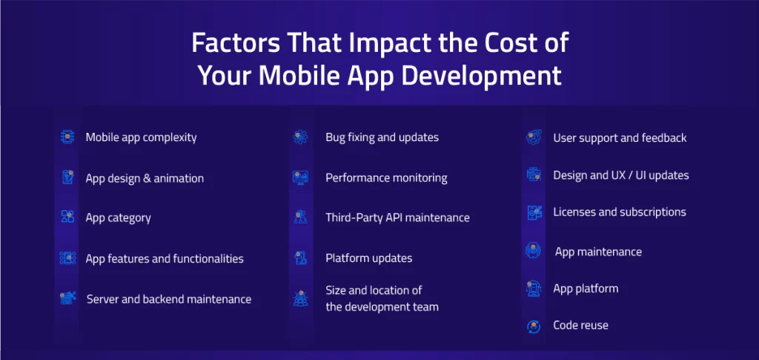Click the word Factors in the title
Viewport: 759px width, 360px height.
[233, 42]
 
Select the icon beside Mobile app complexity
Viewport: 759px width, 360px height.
[67, 137]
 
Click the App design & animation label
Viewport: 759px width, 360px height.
[145, 178]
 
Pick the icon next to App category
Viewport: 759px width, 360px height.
[67, 217]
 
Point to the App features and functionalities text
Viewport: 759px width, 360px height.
[165, 258]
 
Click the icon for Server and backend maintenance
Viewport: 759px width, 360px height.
[68, 298]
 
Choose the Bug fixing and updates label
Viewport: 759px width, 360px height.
[382, 137]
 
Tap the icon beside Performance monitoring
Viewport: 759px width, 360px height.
[300, 177]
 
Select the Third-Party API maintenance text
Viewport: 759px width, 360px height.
[397, 217]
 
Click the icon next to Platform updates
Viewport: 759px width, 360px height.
[300, 258]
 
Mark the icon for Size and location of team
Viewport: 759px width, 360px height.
[300, 298]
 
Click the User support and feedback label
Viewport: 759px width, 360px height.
[620, 137]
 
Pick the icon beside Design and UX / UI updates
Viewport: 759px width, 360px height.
[534, 175]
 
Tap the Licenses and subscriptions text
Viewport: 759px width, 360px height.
[619, 212]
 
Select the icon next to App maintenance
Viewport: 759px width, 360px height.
[534, 252]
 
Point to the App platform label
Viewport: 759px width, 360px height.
[586, 288]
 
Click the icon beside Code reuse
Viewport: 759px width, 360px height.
[534, 325]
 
